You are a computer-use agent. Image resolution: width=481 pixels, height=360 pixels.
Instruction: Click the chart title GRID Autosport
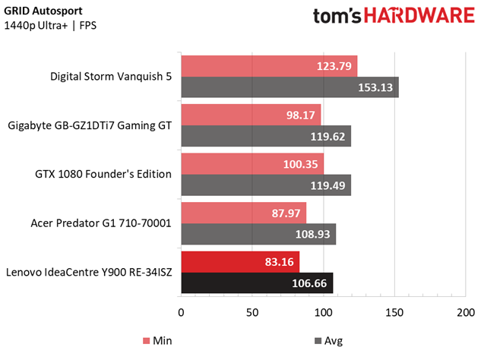pyautogui.click(x=43, y=11)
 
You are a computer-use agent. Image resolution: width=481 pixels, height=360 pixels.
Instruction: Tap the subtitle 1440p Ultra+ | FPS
pyautogui.click(x=50, y=26)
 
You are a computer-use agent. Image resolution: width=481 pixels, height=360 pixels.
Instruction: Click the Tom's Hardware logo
pyautogui.click(x=394, y=16)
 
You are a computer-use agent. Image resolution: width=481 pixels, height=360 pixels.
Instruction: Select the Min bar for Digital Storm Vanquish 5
pyautogui.click(x=269, y=66)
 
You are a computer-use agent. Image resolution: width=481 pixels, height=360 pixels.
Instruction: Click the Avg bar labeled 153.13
pyautogui.click(x=290, y=87)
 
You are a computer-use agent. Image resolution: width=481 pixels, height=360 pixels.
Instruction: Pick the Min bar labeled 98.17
pyautogui.click(x=251, y=115)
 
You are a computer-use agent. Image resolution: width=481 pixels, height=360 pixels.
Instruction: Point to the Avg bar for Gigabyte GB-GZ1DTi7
pyautogui.click(x=266, y=136)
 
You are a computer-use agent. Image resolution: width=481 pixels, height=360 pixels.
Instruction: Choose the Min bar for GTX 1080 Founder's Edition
pyautogui.click(x=252, y=164)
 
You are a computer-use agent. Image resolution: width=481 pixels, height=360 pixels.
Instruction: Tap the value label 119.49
pyautogui.click(x=328, y=185)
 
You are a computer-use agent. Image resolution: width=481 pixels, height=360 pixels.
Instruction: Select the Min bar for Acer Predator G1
pyautogui.click(x=244, y=213)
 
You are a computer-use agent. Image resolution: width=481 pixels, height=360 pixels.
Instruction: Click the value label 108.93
pyautogui.click(x=312, y=234)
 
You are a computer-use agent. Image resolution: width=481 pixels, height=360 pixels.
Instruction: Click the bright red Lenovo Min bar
pyautogui.click(x=240, y=262)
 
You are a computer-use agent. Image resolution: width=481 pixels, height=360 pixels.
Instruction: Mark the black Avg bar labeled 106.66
pyautogui.click(x=257, y=283)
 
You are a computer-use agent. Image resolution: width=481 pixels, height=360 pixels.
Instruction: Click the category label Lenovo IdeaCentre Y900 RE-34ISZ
pyautogui.click(x=89, y=272)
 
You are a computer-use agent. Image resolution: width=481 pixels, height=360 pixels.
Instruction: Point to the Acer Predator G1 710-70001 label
pyautogui.click(x=101, y=223)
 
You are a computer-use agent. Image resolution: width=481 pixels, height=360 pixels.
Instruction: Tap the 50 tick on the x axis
pyautogui.click(x=252, y=312)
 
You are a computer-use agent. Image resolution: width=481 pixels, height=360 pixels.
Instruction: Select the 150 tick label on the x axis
pyautogui.click(x=394, y=312)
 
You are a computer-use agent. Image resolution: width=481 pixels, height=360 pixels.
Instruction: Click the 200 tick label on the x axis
pyautogui.click(x=466, y=312)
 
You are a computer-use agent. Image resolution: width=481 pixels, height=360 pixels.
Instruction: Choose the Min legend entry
pyautogui.click(x=157, y=341)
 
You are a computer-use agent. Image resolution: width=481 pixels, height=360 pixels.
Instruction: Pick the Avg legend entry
pyautogui.click(x=329, y=341)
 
